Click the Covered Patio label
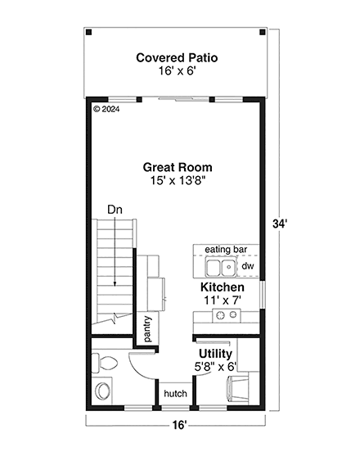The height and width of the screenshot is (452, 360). [x=178, y=57]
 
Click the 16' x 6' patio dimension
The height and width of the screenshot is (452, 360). [x=178, y=71]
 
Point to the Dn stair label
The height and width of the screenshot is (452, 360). [x=115, y=210]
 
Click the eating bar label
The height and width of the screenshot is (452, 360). [x=226, y=250]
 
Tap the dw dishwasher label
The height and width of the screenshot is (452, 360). [x=247, y=267]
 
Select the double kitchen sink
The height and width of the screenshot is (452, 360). [x=218, y=268]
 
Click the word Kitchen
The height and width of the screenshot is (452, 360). [x=222, y=288]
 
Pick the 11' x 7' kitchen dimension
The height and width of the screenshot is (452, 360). [x=222, y=301]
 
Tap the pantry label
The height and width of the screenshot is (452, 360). [x=147, y=328]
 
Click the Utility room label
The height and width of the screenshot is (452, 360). [x=214, y=354]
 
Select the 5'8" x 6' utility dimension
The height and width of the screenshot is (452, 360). [x=214, y=368]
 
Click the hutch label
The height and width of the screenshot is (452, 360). [x=175, y=394]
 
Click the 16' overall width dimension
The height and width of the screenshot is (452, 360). [x=179, y=424]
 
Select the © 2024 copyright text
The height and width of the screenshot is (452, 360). [x=107, y=107]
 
